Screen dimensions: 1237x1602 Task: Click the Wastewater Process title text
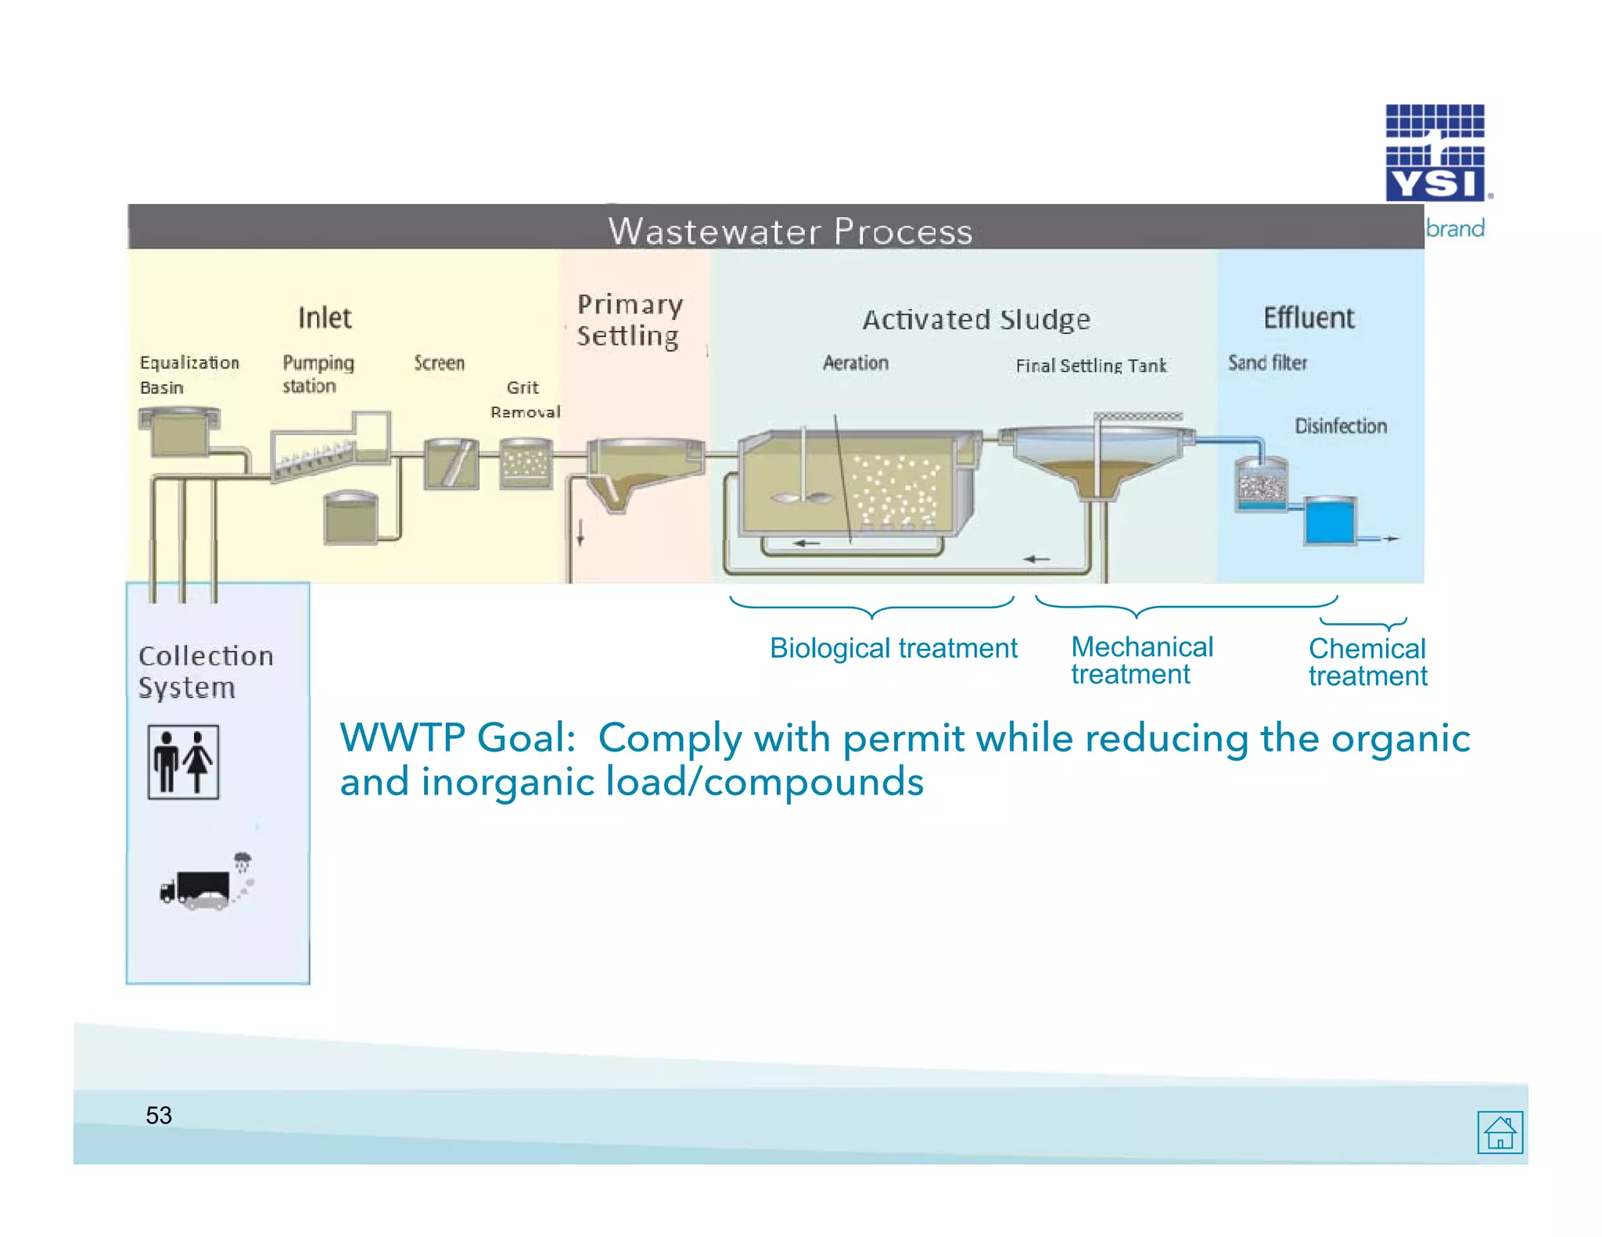click(790, 231)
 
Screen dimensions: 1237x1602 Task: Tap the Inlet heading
click(325, 318)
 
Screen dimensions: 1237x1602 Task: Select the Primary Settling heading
click(629, 320)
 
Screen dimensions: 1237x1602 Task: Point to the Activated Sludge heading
click(976, 320)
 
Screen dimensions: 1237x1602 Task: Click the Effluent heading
click(1309, 318)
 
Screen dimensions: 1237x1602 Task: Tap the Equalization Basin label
click(189, 375)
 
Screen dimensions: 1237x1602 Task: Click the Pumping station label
click(318, 374)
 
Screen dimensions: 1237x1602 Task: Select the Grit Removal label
click(524, 399)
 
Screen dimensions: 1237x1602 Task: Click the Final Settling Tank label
click(1090, 365)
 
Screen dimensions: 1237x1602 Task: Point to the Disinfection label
click(1340, 426)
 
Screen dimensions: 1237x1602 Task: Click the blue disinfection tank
click(1329, 521)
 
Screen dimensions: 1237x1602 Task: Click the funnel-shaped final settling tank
click(1097, 461)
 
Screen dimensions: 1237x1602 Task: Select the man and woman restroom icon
click(183, 762)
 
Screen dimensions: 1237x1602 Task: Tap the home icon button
click(1500, 1131)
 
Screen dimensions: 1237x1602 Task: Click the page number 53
click(159, 1115)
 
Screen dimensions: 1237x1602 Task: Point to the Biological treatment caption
click(893, 648)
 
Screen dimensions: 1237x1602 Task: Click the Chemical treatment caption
click(1367, 662)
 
